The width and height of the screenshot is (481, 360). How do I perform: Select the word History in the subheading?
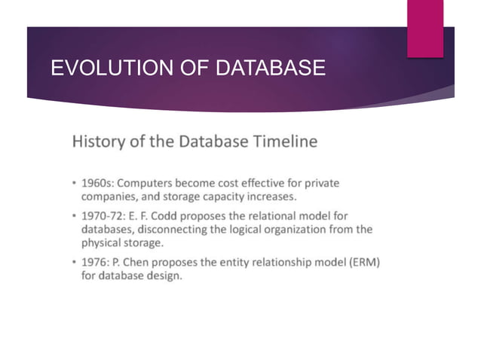pos(97,142)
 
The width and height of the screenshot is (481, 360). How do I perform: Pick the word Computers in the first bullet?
pos(149,183)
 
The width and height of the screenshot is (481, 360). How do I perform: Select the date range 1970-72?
pos(104,215)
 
